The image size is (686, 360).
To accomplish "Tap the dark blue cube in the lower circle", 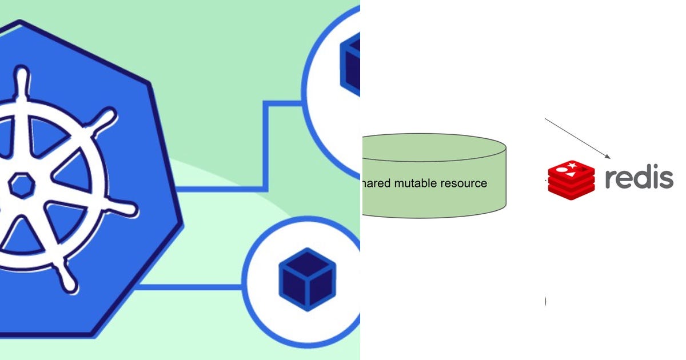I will click(x=307, y=278).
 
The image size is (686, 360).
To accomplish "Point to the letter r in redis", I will click(x=613, y=179).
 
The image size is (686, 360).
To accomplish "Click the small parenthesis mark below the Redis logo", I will click(x=545, y=302).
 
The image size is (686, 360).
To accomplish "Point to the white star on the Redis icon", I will click(x=572, y=166).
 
